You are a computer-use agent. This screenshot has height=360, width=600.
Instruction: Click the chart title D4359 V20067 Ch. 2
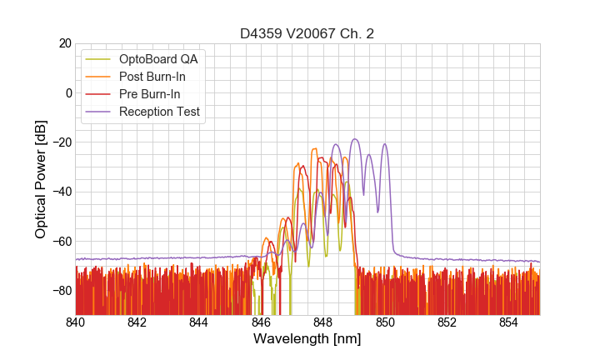pos(307,33)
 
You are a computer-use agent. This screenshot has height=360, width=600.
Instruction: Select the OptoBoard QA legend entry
pos(159,59)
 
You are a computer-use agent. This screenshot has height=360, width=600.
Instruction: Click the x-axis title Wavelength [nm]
pos(307,339)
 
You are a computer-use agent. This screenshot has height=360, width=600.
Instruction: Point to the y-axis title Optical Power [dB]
pos(41,178)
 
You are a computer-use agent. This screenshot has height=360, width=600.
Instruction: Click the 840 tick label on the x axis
pos(75,322)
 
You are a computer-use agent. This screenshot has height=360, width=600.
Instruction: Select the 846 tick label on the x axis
pos(261,322)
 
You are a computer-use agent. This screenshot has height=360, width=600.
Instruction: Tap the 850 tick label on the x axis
pos(385,322)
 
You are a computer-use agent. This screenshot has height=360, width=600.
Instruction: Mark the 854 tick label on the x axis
pos(509,322)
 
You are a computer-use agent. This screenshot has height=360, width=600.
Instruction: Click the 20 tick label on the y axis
pos(64,43)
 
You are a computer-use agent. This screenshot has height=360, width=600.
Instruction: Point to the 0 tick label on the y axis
pos(67,92)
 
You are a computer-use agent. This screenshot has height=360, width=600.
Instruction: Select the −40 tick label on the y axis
pos(61,192)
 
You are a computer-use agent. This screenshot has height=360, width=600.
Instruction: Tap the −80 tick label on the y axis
pos(61,290)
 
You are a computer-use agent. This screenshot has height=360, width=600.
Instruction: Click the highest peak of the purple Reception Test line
pos(354,139)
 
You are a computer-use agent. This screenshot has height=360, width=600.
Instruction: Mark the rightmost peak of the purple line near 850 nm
pos(385,144)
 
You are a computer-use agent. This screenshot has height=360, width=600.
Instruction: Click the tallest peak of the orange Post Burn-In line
pos(314,148)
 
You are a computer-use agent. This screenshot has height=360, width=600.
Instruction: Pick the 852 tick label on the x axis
pos(447,322)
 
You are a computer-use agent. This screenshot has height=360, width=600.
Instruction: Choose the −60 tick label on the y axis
pos(61,241)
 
